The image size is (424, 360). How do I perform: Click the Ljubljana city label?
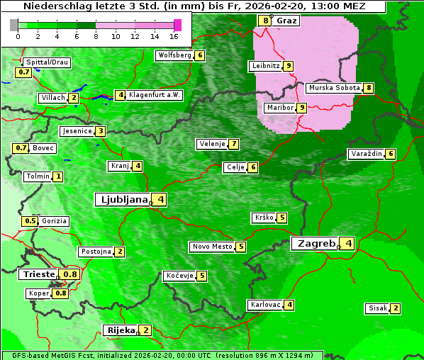coord(122,199)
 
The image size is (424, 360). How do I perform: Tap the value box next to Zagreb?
coord(348,244)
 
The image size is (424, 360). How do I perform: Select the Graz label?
coord(287,21)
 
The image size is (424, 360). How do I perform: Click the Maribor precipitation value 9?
coord(302,108)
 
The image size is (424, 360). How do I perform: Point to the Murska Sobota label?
coord(333,88)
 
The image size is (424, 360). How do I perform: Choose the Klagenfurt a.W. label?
coord(155,95)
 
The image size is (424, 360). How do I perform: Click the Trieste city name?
coord(39,274)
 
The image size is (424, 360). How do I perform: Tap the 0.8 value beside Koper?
coord(61,293)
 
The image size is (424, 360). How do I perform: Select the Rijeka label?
coord(120,330)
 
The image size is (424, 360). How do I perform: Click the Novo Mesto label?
coord(212,247)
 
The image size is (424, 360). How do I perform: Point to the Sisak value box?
coord(396,308)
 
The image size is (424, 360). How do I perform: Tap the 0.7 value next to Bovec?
coord(21,148)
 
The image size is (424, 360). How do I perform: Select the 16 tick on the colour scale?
coord(174,35)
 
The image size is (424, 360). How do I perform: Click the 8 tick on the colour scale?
coord(96,35)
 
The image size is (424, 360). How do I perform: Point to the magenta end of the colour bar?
coord(178,25)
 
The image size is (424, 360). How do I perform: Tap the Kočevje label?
coord(179,276)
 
